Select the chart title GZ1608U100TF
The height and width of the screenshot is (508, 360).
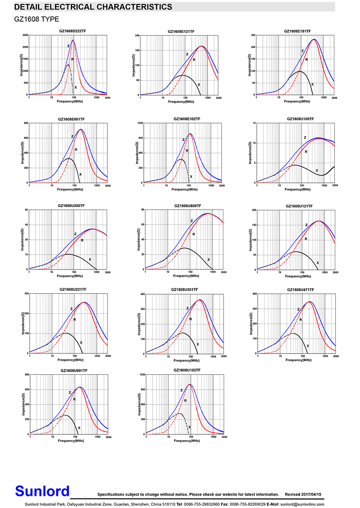[x=300, y=119]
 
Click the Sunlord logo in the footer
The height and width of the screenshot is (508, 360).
[x=43, y=491]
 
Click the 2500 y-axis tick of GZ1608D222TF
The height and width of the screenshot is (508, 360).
[x=25, y=35]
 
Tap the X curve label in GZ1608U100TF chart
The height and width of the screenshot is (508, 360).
[x=317, y=171]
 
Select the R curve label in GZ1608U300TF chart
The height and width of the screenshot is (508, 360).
[x=82, y=240]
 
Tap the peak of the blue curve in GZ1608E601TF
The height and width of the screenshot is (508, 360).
[x=81, y=130]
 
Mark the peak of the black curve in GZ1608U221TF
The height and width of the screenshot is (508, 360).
[x=66, y=333]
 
